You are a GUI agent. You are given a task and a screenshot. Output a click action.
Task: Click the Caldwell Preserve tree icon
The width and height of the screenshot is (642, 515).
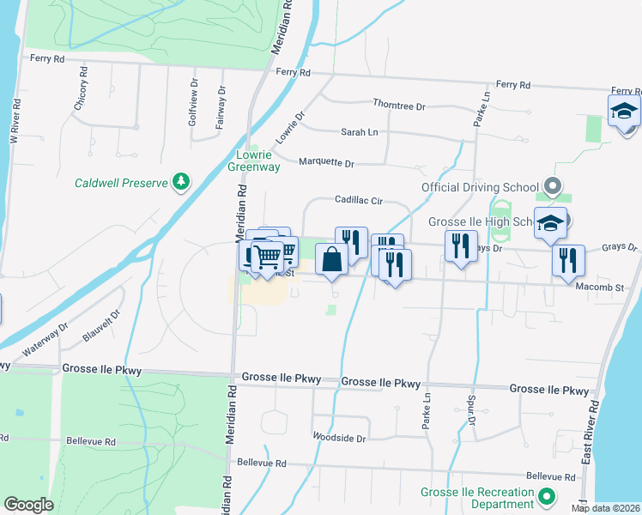tap(181, 181)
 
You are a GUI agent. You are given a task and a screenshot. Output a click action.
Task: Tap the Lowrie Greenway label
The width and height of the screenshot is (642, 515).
tap(254, 161)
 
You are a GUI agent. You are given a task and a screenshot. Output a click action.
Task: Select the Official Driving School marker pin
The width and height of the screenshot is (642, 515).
tap(554, 186)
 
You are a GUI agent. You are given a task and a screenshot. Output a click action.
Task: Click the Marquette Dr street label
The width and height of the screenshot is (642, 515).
tap(326, 161)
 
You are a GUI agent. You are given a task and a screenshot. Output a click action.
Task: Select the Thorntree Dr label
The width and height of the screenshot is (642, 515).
tap(399, 105)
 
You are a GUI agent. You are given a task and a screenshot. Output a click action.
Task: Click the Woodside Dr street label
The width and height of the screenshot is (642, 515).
tap(339, 437)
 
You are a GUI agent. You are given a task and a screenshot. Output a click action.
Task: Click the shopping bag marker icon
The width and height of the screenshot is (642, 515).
tap(332, 257)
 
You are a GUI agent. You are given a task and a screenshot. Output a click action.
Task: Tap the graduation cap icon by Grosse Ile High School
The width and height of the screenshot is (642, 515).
tap(550, 223)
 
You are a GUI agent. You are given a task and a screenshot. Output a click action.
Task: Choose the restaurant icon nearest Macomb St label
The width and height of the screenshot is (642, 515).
tap(567, 260)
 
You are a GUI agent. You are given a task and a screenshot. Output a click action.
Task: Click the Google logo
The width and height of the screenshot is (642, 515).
tap(28, 505)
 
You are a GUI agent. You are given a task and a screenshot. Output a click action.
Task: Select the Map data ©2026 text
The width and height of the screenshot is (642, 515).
tap(605, 508)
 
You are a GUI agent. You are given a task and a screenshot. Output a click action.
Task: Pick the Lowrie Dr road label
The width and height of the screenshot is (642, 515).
tap(290, 128)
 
